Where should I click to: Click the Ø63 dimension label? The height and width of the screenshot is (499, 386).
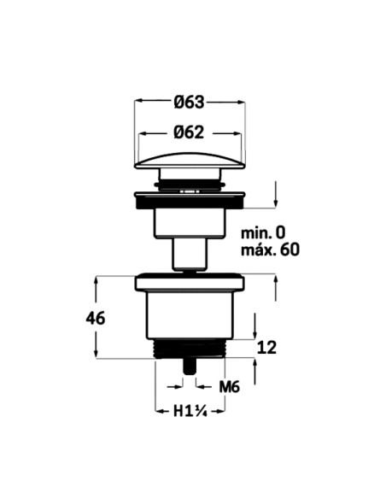click(x=189, y=103)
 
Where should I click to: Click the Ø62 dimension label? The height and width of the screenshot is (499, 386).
click(x=189, y=132)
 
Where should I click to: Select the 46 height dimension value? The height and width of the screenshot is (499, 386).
click(x=96, y=318)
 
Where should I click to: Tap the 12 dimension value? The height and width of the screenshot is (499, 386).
click(x=266, y=347)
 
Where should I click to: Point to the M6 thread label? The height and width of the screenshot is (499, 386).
click(x=229, y=387)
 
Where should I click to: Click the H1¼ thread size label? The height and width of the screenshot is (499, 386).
click(x=190, y=412)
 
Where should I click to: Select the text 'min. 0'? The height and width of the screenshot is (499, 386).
click(x=263, y=233)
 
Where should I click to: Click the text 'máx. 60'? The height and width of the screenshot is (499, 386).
click(x=270, y=249)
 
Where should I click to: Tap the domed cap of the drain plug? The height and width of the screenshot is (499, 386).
click(x=190, y=161)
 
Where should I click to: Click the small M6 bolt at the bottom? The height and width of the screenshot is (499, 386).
click(x=190, y=367)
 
